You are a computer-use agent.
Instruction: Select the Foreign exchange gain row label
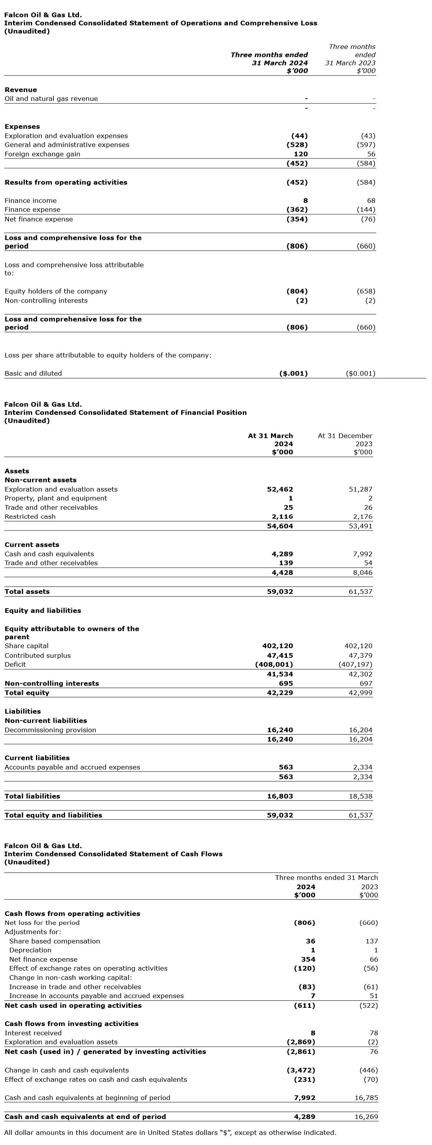(42, 154)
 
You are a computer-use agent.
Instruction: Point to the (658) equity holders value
(366, 291)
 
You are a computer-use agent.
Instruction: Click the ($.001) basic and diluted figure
(293, 374)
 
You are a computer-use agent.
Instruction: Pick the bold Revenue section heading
(21, 90)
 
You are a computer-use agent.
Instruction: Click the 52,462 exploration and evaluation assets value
(280, 490)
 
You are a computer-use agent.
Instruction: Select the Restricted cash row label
(30, 517)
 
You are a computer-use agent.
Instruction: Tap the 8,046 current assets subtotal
(360, 573)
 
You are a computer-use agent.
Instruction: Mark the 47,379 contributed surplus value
(358, 655)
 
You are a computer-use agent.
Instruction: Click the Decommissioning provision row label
(50, 730)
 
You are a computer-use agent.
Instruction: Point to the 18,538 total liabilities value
(360, 797)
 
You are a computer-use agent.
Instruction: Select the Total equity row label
(27, 693)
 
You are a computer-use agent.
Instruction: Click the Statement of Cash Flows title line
(113, 854)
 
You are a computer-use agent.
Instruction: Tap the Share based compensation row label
(55, 942)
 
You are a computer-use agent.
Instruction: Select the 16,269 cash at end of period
(366, 1117)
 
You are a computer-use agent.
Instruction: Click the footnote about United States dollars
(170, 1133)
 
